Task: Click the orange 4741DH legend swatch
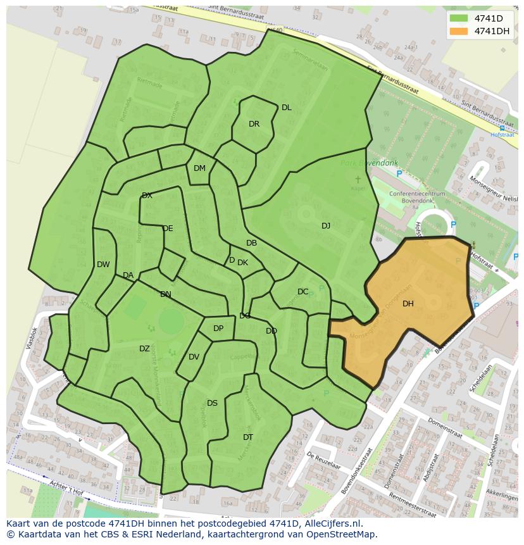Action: pos(459,31)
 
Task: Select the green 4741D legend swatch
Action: pos(459,18)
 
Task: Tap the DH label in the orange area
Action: pos(408,304)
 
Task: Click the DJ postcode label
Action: pos(326,226)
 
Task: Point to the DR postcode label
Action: pos(254,124)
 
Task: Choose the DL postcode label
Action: pos(287,108)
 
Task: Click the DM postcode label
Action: pos(199,168)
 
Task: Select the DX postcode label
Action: pos(147,196)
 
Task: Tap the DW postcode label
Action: pos(103,265)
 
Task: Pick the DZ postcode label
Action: pos(144,349)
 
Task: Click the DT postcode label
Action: pos(248,437)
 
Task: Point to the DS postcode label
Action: pos(212,403)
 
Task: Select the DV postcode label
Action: pos(194,357)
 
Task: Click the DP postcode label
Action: pos(218,329)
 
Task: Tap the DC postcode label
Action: pos(303,292)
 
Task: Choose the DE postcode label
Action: pos(168,229)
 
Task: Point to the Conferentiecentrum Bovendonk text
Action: pos(417,197)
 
